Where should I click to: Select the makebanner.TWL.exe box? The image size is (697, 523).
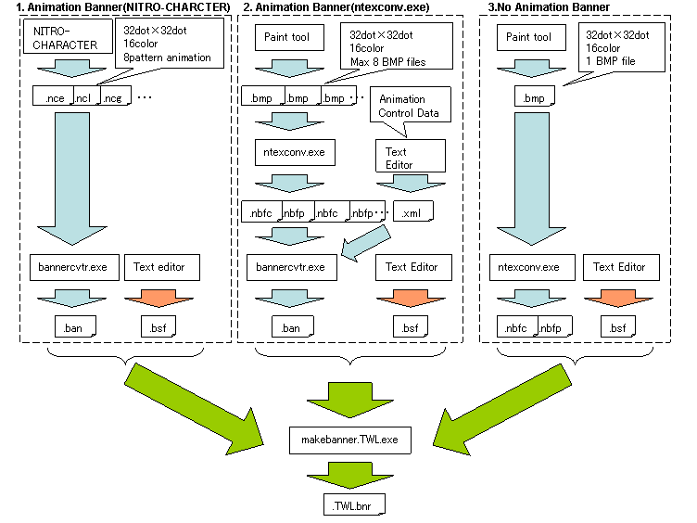coord(348,438)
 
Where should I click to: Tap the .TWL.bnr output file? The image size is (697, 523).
coord(348,504)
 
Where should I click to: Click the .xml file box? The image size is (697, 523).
coord(412,212)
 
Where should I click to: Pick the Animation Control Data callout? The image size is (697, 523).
coord(408,106)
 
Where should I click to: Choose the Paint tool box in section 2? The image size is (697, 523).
coord(288,38)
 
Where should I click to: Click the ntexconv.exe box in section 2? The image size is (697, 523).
coord(288,151)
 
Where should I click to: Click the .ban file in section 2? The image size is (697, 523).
coord(291,326)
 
